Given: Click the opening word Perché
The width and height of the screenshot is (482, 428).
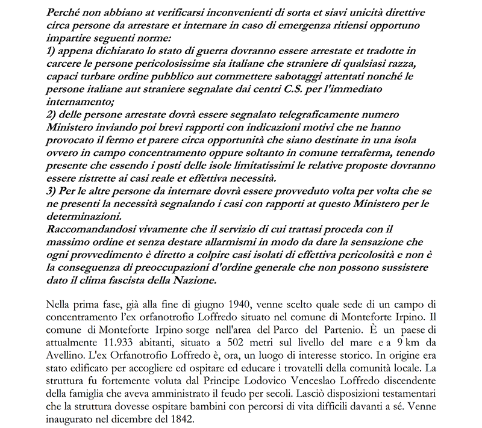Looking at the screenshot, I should coord(64,9).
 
